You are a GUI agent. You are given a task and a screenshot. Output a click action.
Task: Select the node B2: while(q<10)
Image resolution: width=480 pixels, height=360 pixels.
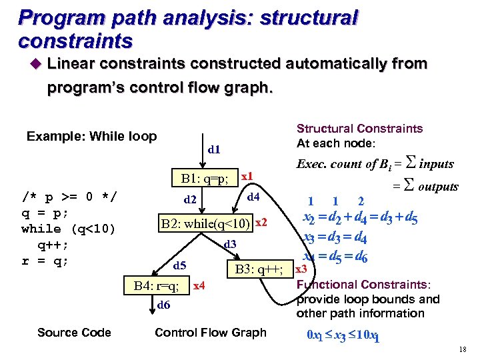[205, 223]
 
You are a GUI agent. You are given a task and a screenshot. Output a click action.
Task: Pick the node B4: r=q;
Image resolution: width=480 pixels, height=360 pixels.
[156, 287]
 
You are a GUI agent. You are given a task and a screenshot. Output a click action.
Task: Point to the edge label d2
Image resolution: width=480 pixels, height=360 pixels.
[190, 199]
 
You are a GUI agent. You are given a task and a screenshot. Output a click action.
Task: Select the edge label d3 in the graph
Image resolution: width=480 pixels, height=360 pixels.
[230, 245]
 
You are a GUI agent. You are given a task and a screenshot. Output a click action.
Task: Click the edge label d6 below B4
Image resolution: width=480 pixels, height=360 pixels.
[163, 305]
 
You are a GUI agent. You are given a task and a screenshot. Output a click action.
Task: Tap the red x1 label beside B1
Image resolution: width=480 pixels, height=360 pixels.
[246, 175]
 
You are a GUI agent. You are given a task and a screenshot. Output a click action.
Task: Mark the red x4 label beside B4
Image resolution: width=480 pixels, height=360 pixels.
[198, 286]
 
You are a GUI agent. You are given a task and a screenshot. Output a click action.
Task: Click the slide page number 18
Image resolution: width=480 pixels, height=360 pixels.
[463, 350]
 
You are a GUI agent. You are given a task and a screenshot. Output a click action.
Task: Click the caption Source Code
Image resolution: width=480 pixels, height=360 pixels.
[74, 332]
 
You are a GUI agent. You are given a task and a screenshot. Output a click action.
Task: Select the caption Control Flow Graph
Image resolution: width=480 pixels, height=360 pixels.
[210, 332]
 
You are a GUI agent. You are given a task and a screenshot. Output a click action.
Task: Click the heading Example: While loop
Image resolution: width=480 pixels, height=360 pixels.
[91, 137]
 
